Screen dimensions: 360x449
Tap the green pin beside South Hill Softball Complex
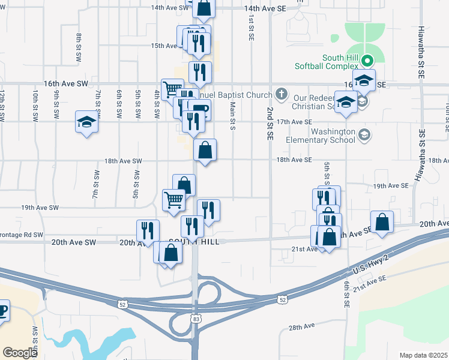[370, 61]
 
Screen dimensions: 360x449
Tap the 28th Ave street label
[302, 327]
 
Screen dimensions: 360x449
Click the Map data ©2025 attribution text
[423, 355]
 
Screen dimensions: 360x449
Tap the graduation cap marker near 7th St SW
[87, 122]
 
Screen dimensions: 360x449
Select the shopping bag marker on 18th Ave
[205, 151]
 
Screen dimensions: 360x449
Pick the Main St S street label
[232, 115]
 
